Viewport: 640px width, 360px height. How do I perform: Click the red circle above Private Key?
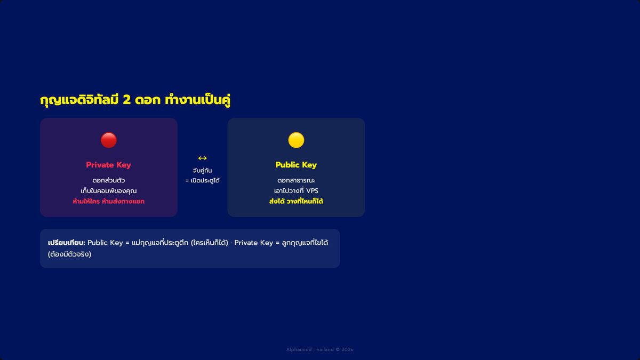pyautogui.click(x=109, y=140)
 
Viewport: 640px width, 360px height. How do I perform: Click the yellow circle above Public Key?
pyautogui.click(x=296, y=140)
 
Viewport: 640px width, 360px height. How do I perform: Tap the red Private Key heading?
pyautogui.click(x=109, y=165)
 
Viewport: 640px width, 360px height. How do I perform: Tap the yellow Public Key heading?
pyautogui.click(x=296, y=165)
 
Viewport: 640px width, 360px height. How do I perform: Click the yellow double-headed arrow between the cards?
pyautogui.click(x=202, y=158)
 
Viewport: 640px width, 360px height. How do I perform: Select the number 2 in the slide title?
pyautogui.click(x=126, y=100)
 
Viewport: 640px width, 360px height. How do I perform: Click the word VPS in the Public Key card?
pyautogui.click(x=312, y=191)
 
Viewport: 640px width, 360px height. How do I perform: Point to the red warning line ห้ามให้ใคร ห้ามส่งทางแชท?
pyautogui.click(x=109, y=202)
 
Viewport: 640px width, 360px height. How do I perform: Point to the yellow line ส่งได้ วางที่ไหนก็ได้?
pyautogui.click(x=296, y=202)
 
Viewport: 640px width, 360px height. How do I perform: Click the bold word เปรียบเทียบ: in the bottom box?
pyautogui.click(x=67, y=243)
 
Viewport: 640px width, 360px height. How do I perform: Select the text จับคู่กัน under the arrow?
pyautogui.click(x=202, y=171)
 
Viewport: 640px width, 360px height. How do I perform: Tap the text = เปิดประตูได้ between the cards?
pyautogui.click(x=202, y=181)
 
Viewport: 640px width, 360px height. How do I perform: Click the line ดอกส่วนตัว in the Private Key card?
pyautogui.click(x=109, y=181)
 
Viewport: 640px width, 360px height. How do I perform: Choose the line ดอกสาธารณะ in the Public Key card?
pyautogui.click(x=296, y=181)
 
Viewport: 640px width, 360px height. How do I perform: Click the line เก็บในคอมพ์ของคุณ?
pyautogui.click(x=109, y=191)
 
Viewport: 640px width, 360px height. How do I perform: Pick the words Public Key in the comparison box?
pyautogui.click(x=105, y=243)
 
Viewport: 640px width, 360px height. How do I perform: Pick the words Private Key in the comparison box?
pyautogui.click(x=254, y=243)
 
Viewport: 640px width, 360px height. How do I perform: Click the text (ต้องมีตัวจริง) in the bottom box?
pyautogui.click(x=69, y=254)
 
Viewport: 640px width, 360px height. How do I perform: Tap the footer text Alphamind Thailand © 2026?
pyautogui.click(x=320, y=349)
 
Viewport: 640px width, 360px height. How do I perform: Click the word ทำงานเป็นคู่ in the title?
pyautogui.click(x=198, y=100)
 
